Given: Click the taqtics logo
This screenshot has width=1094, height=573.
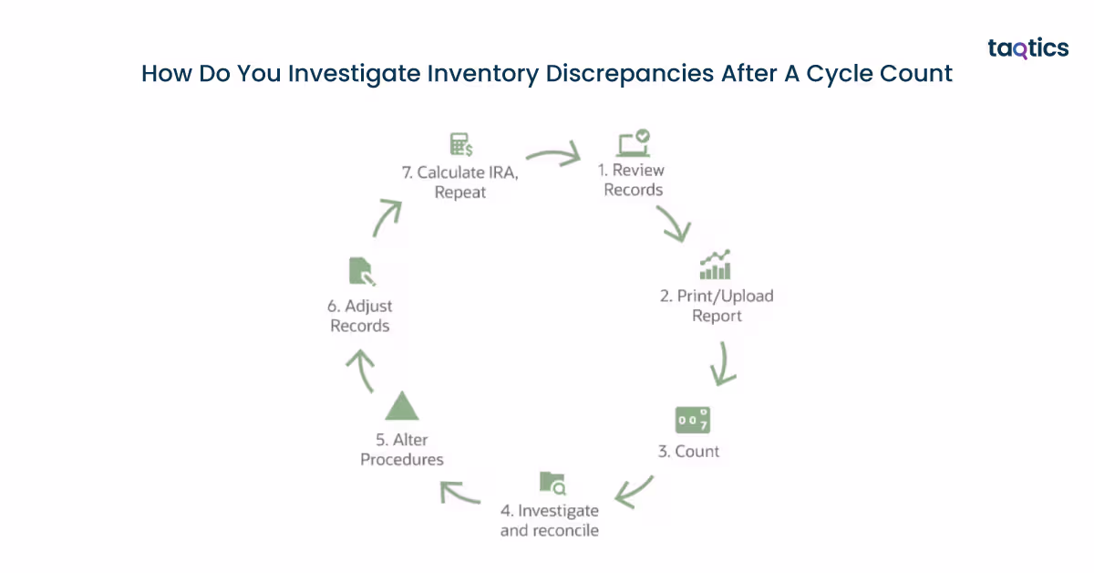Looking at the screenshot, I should click(1027, 48).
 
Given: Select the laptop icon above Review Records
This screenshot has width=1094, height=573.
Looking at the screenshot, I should click(633, 143).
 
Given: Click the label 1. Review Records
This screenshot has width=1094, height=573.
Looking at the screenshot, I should click(632, 180).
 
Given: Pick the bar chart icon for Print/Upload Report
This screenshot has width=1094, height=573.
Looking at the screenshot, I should click(716, 265).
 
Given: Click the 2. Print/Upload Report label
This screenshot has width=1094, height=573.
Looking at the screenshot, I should click(717, 306).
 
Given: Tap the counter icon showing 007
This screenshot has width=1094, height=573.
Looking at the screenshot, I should click(692, 420).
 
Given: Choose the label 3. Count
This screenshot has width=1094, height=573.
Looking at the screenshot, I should click(689, 451).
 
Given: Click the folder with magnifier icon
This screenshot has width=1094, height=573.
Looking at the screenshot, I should click(552, 483).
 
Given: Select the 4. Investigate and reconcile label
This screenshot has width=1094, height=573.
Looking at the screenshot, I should click(550, 520).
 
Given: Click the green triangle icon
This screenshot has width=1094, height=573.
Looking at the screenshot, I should click(401, 405).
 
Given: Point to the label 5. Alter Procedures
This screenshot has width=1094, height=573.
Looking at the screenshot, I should click(402, 449).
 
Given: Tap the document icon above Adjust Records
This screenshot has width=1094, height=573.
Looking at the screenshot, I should click(361, 272).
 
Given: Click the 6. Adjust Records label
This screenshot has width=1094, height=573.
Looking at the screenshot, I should click(360, 316).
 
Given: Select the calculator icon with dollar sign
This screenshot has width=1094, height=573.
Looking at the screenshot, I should click(460, 144).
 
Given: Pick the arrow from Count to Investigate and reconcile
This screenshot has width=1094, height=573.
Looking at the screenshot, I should click(635, 490).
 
